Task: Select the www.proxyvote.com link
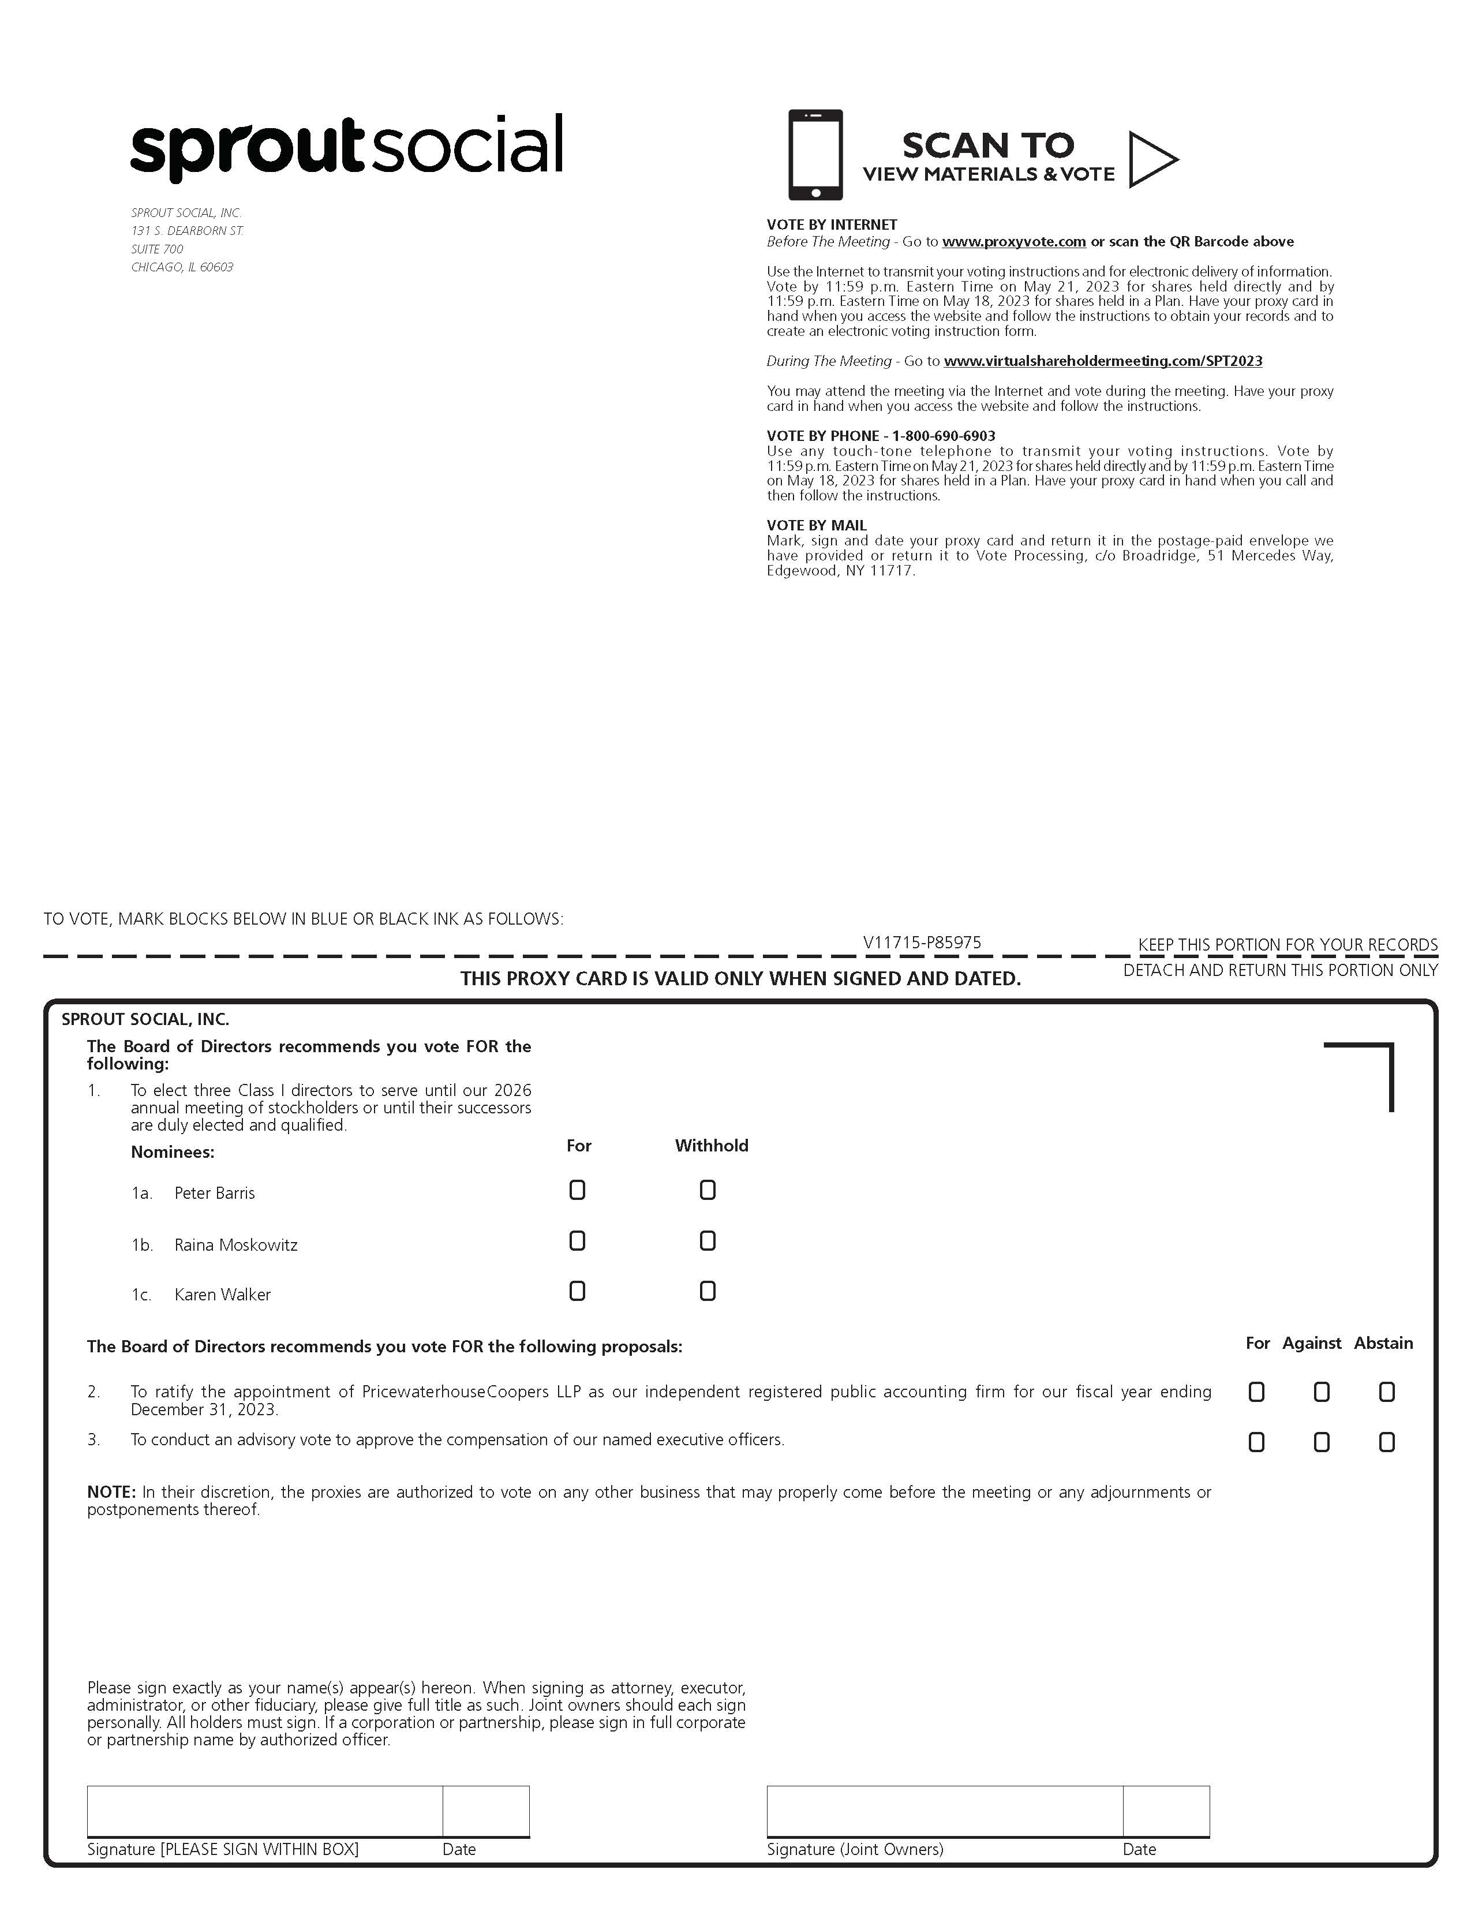(1014, 241)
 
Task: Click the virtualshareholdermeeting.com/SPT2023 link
(1103, 361)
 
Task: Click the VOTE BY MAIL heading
(816, 525)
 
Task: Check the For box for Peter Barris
(578, 1190)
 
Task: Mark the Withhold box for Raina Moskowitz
(708, 1241)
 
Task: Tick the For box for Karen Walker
(578, 1292)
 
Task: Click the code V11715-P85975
(922, 943)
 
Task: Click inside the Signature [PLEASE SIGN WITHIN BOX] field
(264, 1811)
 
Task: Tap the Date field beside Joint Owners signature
(1166, 1811)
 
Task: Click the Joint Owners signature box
(945, 1811)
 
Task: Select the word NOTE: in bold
(111, 1492)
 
